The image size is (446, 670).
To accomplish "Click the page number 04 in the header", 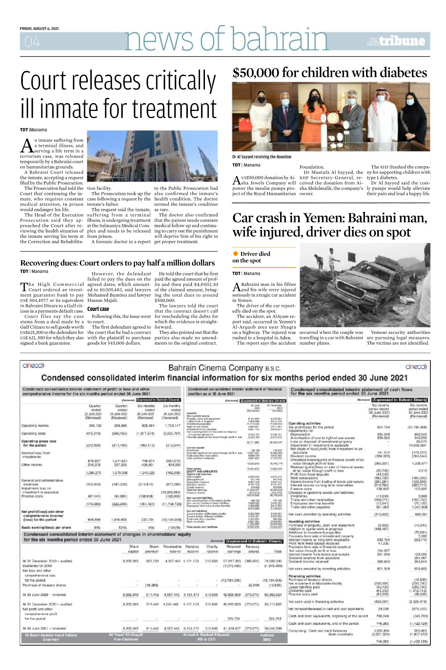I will [x=32, y=42].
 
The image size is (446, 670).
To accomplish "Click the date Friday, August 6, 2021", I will [x=39, y=29].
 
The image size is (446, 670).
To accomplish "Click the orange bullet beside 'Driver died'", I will [x=235, y=254].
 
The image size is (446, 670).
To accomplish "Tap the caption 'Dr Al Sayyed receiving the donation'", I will [x=261, y=157].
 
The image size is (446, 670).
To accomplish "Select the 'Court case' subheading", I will [x=98, y=309].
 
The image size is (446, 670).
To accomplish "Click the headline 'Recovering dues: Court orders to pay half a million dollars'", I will [x=117, y=263].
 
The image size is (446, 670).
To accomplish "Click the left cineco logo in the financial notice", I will [x=33, y=366].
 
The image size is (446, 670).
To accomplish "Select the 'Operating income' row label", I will [x=35, y=425].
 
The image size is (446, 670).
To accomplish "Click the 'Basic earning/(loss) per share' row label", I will [x=46, y=527].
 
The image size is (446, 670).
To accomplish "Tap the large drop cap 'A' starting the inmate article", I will [x=27, y=146].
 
